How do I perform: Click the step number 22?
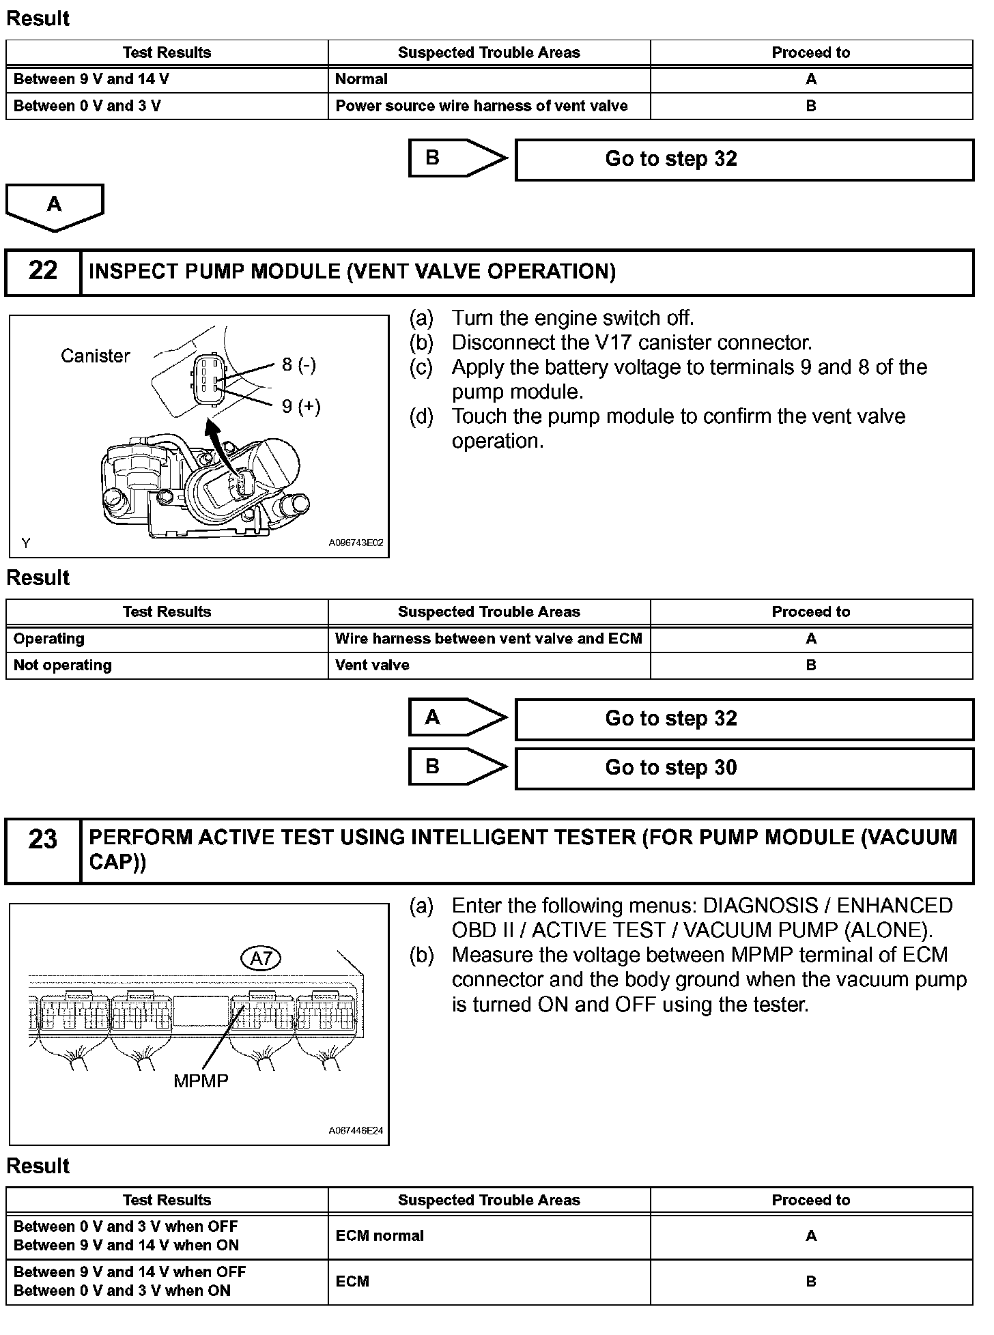pos(43,271)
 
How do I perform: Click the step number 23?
pos(43,839)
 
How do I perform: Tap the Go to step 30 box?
pos(743,768)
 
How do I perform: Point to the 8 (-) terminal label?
pos(298,364)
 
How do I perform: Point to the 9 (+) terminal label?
pos(300,407)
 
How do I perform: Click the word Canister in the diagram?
pos(95,356)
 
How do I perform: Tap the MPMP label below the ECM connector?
pos(201,1080)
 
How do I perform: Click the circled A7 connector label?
pos(261,958)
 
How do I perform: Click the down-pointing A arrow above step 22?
pos(54,205)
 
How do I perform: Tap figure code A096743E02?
pos(356,543)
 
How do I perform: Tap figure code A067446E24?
pos(356,1130)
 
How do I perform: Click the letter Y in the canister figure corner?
pos(25,543)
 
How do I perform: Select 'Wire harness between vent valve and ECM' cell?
pos(488,639)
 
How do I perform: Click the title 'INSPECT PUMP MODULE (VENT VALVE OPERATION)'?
pos(352,272)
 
